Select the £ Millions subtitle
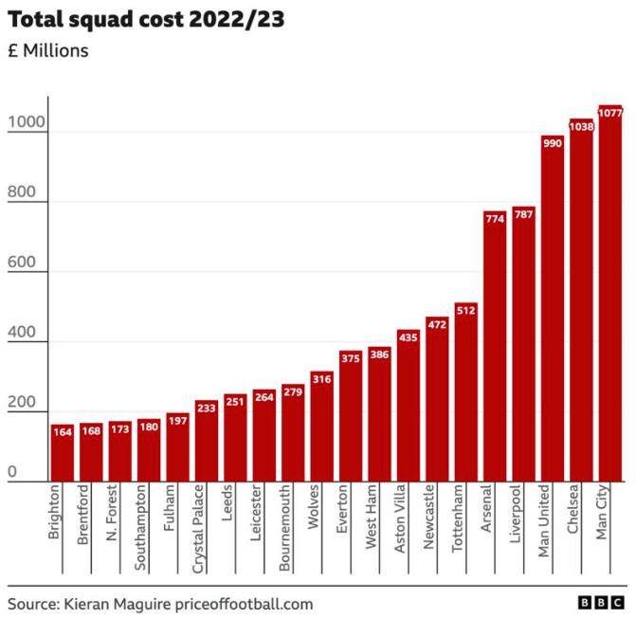[48, 50]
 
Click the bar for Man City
[609, 294]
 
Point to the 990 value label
[552, 142]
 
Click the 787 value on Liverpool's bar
[523, 214]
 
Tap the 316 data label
[321, 378]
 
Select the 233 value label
[206, 407]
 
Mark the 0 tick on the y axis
[12, 471]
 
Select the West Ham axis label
[372, 517]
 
